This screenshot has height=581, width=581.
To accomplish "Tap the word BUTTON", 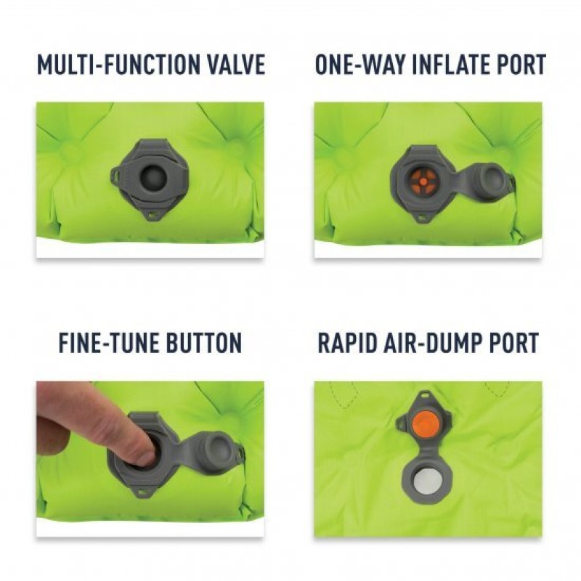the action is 204,343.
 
